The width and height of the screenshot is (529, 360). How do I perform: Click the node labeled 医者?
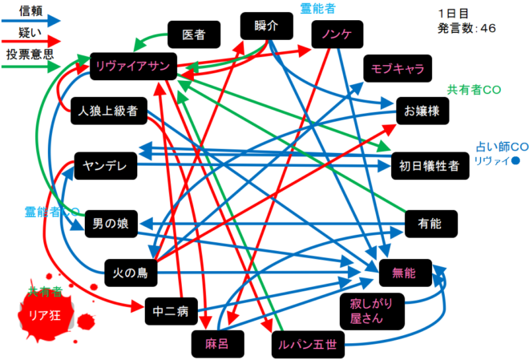point(193,34)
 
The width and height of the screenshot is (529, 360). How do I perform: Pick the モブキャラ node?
point(397,68)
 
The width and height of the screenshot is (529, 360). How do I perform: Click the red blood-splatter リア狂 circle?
point(45,316)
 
